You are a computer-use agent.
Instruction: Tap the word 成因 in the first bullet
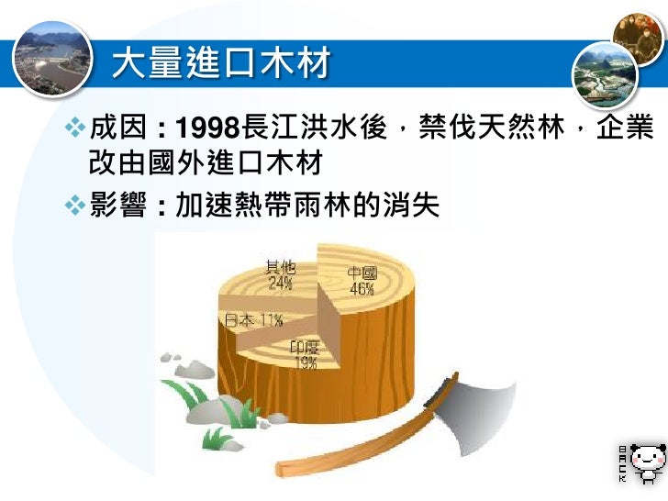pos(121,128)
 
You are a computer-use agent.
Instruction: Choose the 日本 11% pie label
pos(253,320)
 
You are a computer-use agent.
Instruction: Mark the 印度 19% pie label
pos(305,354)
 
